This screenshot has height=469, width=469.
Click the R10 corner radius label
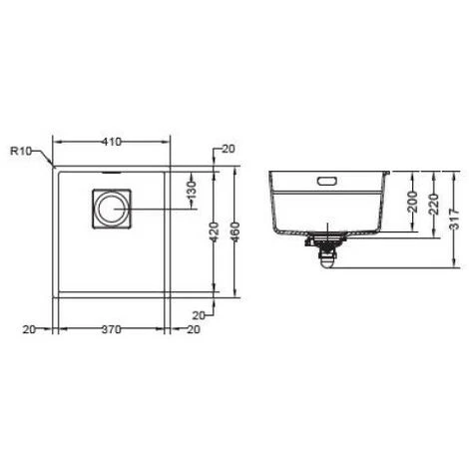point(22,151)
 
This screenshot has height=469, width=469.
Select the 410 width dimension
point(112,142)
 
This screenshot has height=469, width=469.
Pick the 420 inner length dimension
point(212,233)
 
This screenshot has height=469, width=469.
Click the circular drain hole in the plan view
point(110,210)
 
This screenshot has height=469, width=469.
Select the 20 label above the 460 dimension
point(229,149)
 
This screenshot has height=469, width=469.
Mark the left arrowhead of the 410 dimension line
point(56,142)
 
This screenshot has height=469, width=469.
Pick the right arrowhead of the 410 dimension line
point(168,142)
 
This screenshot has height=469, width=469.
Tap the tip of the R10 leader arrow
point(53,165)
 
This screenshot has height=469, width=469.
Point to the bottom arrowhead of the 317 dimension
point(454,267)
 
